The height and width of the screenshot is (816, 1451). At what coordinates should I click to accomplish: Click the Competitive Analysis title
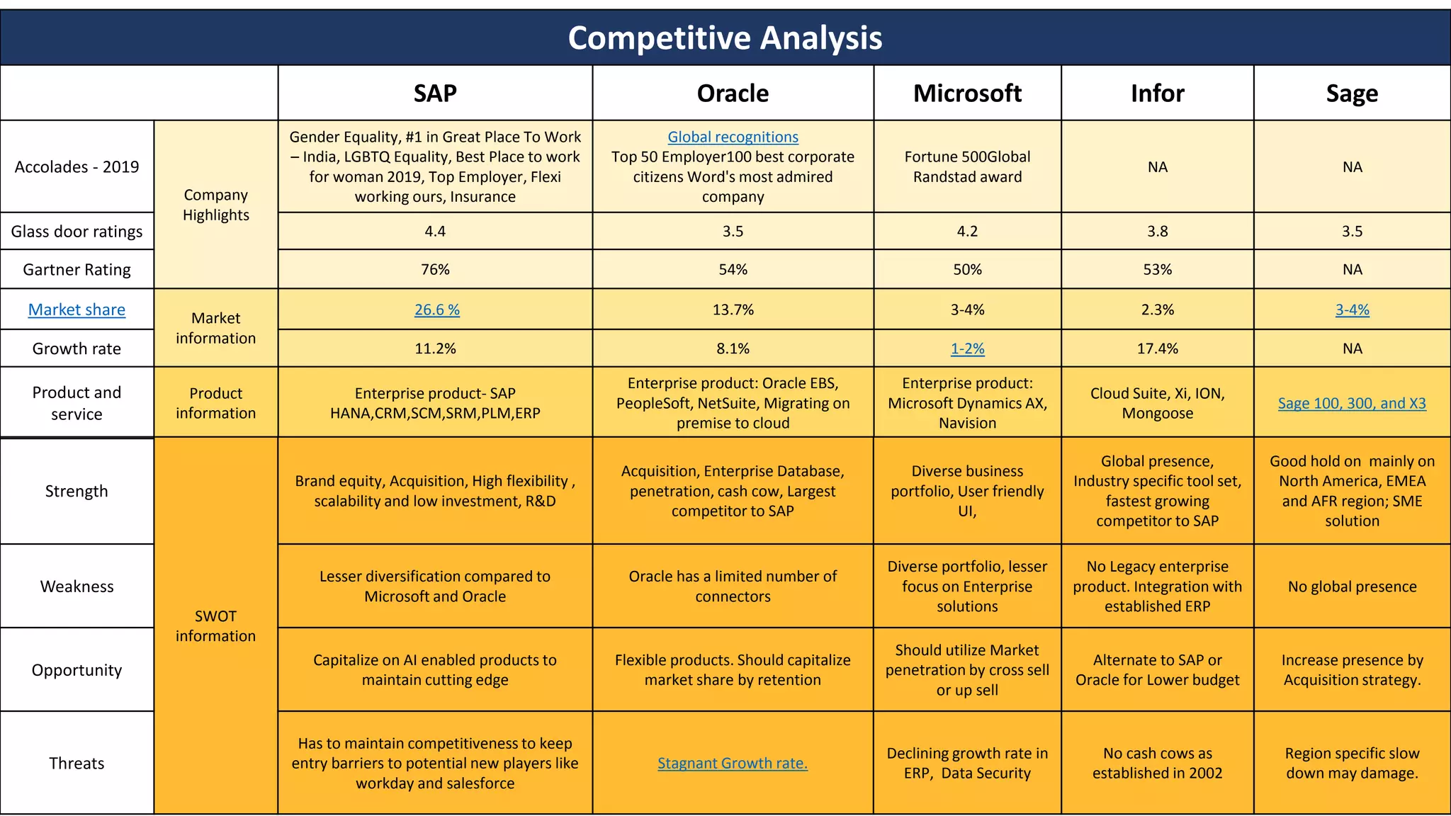[x=725, y=38]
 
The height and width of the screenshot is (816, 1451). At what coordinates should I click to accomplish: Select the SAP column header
[x=435, y=93]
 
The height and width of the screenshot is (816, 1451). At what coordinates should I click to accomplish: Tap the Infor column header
[x=1157, y=93]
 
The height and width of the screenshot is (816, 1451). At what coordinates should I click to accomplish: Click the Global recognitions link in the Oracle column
[x=733, y=137]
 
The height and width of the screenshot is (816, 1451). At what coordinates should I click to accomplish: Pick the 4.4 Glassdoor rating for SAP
[x=435, y=232]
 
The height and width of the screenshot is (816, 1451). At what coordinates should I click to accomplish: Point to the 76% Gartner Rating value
[x=435, y=270]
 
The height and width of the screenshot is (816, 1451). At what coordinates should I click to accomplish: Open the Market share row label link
[x=77, y=310]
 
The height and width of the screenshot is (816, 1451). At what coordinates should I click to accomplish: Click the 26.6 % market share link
[x=437, y=310]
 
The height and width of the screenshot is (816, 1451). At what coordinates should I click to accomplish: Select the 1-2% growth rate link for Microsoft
[x=967, y=348]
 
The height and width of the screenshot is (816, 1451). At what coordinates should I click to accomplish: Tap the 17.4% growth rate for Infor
[x=1157, y=348]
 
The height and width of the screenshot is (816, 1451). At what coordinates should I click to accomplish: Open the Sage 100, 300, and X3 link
[x=1352, y=403]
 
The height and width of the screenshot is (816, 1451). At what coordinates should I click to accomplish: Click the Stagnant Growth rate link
[x=733, y=764]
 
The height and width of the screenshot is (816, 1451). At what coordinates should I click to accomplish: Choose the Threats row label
[x=77, y=764]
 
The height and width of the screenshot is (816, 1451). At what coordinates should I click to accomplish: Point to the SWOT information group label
[x=215, y=626]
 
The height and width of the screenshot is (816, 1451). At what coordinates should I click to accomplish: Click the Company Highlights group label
[x=215, y=205]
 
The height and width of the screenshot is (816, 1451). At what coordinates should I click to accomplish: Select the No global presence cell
[x=1352, y=586]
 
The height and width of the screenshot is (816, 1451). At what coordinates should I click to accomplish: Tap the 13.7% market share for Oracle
[x=733, y=310]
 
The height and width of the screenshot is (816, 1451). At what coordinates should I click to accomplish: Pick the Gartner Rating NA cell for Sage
[x=1352, y=270]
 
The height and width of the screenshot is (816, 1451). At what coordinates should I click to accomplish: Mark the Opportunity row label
[x=77, y=670]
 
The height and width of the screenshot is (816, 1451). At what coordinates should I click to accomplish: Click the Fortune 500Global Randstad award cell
[x=967, y=166]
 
